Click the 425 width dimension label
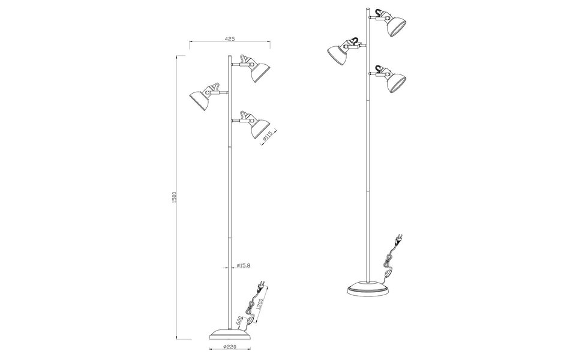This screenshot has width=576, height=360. (229, 38)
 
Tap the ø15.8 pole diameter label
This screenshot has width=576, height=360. (244, 265)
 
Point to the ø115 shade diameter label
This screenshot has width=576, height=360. (268, 137)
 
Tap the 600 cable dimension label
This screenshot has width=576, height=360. (240, 322)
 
